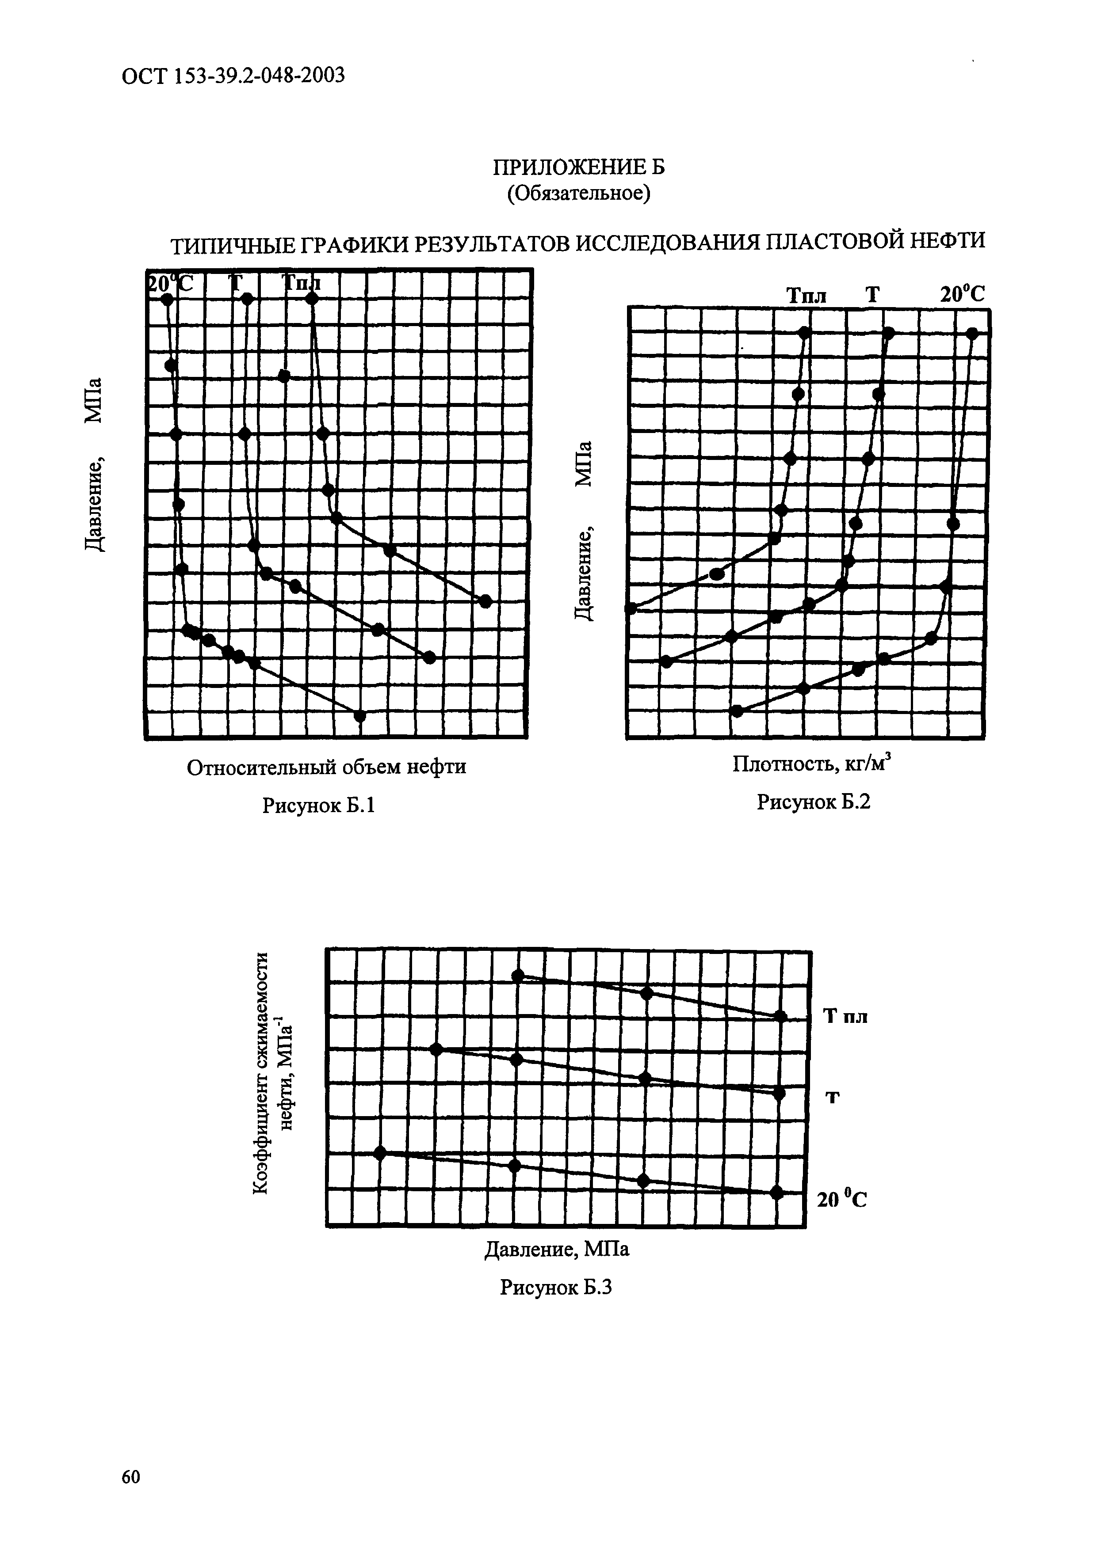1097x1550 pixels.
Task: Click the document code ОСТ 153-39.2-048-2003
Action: [x=233, y=76]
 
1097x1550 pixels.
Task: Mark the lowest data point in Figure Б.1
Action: [x=360, y=716]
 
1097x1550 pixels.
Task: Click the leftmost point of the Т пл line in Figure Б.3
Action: [x=518, y=976]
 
